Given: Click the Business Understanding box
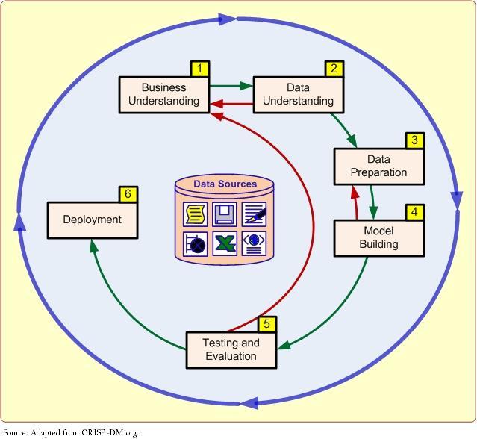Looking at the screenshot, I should tap(163, 94).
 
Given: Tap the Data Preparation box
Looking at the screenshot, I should tap(378, 166).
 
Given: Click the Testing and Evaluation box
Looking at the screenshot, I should tap(231, 349).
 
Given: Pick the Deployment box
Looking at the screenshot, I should tap(92, 219).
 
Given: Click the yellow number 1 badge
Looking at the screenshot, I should tap(199, 69).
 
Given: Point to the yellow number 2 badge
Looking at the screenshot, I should tap(334, 69).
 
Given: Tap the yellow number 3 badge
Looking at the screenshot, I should tap(414, 141).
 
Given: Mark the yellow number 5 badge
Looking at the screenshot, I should tap(266, 325).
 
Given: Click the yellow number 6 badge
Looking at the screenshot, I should tap(128, 195).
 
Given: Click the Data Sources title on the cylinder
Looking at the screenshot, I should tap(225, 184).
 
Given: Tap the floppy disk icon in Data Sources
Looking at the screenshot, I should tap(224, 214).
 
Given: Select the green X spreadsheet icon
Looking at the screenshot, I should tap(224, 243).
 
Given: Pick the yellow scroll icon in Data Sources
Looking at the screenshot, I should tap(196, 214).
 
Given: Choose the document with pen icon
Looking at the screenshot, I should tap(254, 214).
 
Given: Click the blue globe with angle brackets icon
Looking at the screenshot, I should tap(254, 243).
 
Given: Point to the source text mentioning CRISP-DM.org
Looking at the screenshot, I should tap(71, 432).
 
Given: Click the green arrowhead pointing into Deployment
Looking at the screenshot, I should tap(93, 245).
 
